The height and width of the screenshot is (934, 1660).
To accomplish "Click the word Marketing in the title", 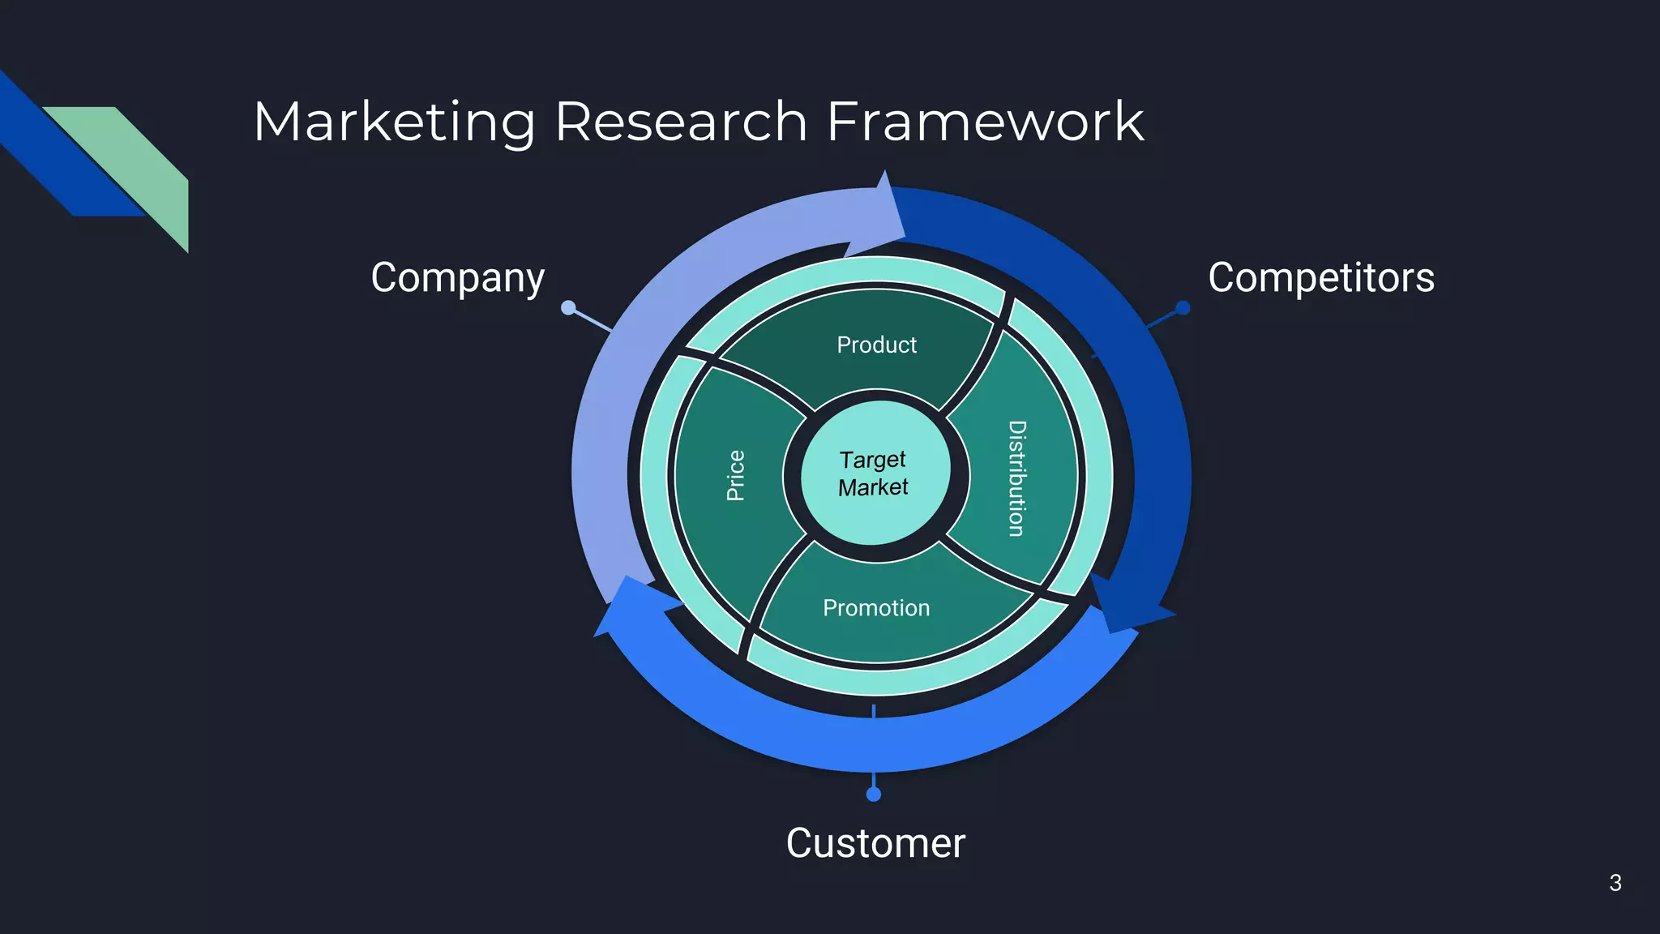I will point(394,122).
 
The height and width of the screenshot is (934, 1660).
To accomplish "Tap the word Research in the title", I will point(681,122).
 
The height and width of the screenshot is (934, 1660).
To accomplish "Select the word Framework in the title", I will point(985,122).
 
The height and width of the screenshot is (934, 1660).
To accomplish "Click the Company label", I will point(457,278).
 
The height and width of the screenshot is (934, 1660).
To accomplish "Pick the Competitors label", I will point(1320,278).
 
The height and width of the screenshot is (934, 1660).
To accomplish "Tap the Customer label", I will point(875,843).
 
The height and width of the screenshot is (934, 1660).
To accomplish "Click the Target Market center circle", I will point(875,473).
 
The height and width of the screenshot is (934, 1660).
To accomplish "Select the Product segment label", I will point(876,345).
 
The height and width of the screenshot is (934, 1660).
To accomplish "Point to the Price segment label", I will point(735,476).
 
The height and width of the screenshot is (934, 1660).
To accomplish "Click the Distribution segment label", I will point(1016,478).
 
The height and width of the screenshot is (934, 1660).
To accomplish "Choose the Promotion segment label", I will point(876,608).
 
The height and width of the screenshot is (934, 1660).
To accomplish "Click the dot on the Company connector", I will point(568,307).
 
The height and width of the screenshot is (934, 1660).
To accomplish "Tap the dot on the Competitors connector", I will point(1183,307).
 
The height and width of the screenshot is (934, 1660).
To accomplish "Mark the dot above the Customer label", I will point(874,795).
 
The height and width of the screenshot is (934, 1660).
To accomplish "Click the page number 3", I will point(1615,883).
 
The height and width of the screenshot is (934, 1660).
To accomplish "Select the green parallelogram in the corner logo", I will point(138,162).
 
